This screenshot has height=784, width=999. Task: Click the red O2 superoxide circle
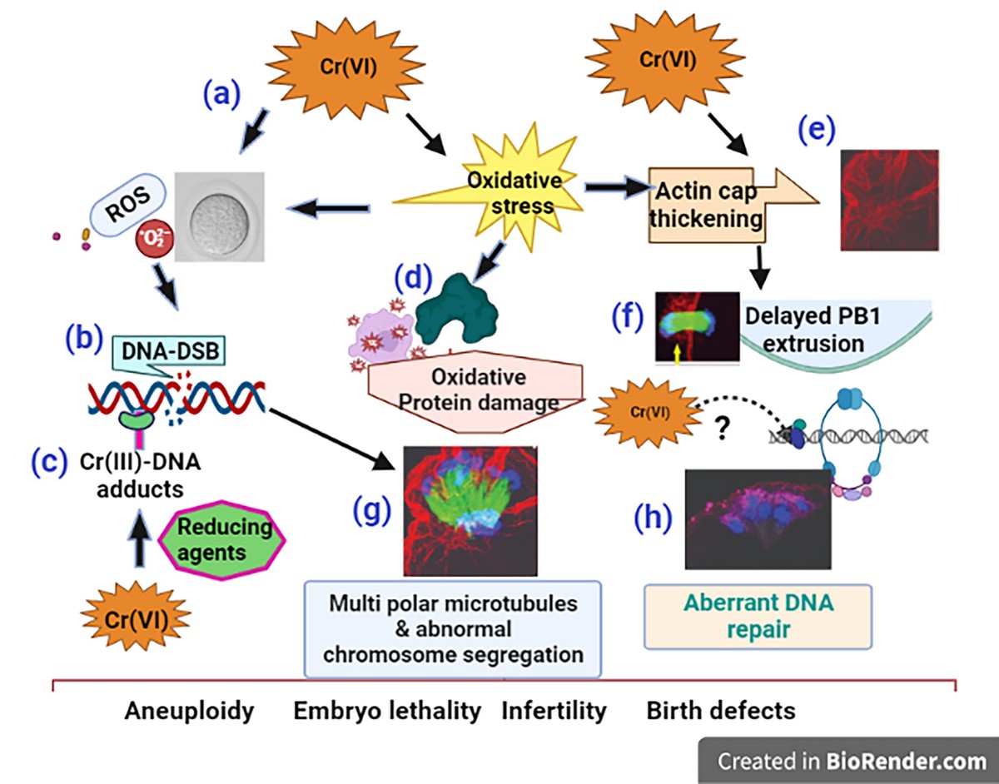tap(154, 245)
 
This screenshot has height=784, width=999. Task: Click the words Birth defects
tap(720, 711)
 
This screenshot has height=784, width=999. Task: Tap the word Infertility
tap(554, 711)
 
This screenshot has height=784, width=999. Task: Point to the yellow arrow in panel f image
tap(677, 354)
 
